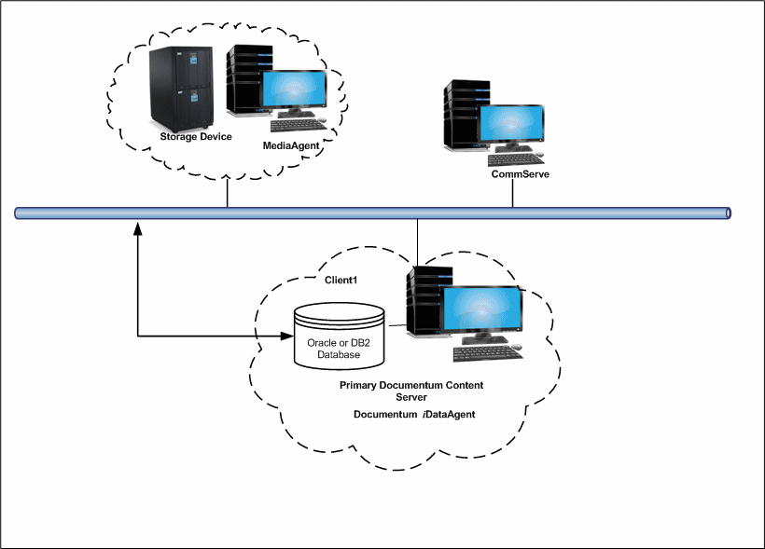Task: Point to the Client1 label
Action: click(341, 280)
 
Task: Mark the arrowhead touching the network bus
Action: click(138, 227)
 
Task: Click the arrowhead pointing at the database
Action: click(286, 336)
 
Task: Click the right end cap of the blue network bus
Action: click(729, 213)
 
